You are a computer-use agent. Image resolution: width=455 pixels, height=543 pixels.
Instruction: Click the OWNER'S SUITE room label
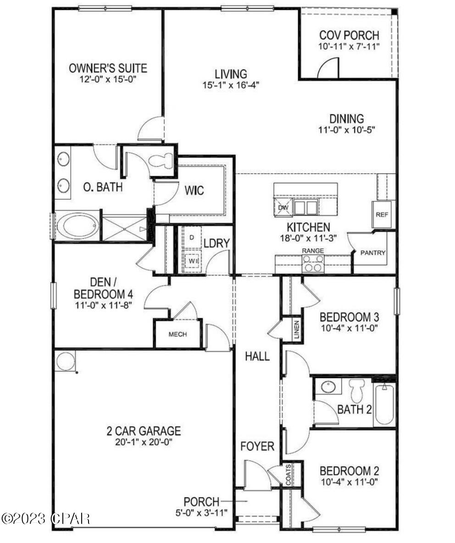108,69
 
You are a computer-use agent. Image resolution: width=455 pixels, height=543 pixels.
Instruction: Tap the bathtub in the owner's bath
78,226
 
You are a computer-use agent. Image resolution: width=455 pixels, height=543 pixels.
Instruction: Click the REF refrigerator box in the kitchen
382,214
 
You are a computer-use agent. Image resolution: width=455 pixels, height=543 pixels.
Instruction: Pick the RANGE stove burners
313,264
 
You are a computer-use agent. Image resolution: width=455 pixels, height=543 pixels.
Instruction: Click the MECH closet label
178,334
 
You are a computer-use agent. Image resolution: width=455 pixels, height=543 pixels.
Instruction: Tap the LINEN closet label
297,329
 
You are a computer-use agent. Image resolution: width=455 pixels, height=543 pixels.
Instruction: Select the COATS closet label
288,474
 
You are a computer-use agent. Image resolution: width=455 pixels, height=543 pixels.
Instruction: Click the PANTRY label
373,253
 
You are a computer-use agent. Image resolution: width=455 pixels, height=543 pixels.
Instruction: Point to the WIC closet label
194,190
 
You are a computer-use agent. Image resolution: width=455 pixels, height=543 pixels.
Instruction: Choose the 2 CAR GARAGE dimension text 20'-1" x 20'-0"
144,443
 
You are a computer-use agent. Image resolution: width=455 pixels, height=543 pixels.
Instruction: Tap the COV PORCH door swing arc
329,68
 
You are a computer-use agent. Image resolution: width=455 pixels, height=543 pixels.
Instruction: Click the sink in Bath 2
328,386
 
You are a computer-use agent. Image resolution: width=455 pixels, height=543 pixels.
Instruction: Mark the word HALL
257,356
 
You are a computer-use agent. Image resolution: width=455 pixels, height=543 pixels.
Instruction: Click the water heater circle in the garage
65,361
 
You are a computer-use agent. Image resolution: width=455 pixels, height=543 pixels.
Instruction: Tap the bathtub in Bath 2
384,404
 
